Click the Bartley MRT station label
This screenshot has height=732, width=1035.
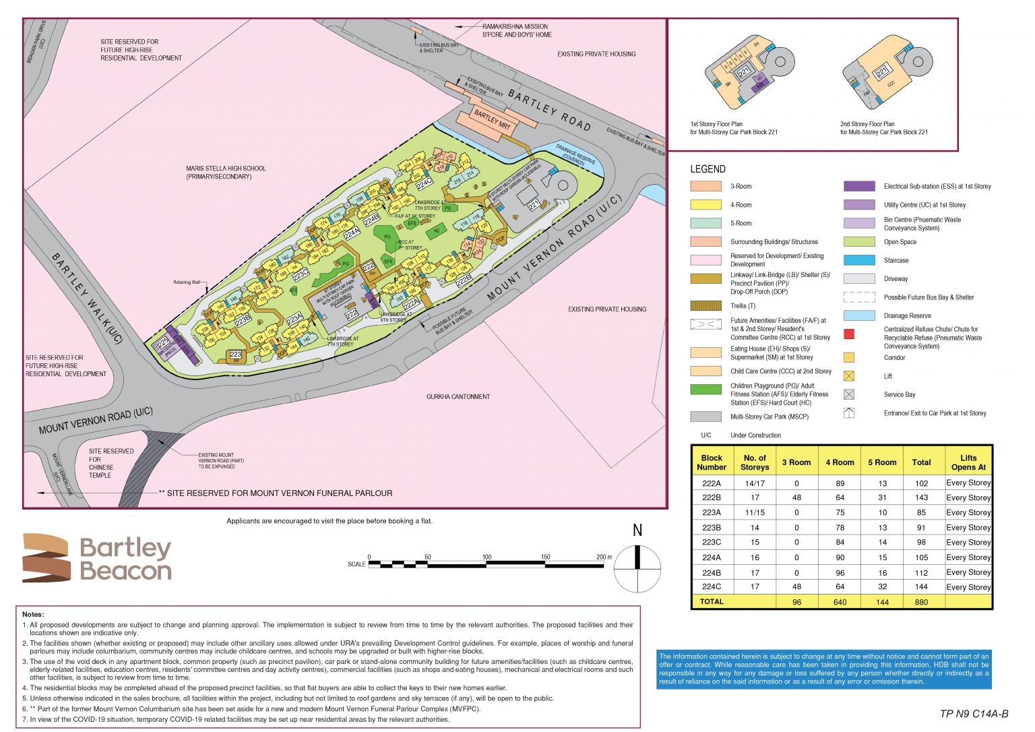(493, 119)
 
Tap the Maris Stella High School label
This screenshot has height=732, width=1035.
(226, 173)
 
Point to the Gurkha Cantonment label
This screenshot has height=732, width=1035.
(458, 396)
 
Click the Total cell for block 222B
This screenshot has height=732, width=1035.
(920, 497)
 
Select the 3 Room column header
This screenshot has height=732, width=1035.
(796, 462)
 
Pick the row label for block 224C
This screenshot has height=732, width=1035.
(711, 586)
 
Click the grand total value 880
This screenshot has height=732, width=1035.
(920, 602)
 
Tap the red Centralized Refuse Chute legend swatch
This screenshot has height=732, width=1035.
(849, 334)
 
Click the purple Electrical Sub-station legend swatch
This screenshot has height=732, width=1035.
(859, 186)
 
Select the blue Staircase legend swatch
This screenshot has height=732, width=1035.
(859, 260)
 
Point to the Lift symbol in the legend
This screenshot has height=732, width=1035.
(849, 376)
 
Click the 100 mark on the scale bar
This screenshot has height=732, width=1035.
(487, 557)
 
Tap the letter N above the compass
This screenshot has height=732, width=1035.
(637, 530)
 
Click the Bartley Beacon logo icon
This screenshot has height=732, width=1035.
(46, 558)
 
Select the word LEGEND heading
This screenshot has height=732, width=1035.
(708, 169)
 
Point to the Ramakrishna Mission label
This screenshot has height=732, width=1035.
(516, 30)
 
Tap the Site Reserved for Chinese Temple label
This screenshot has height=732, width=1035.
(111, 463)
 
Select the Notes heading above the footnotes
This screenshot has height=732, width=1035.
(33, 614)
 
